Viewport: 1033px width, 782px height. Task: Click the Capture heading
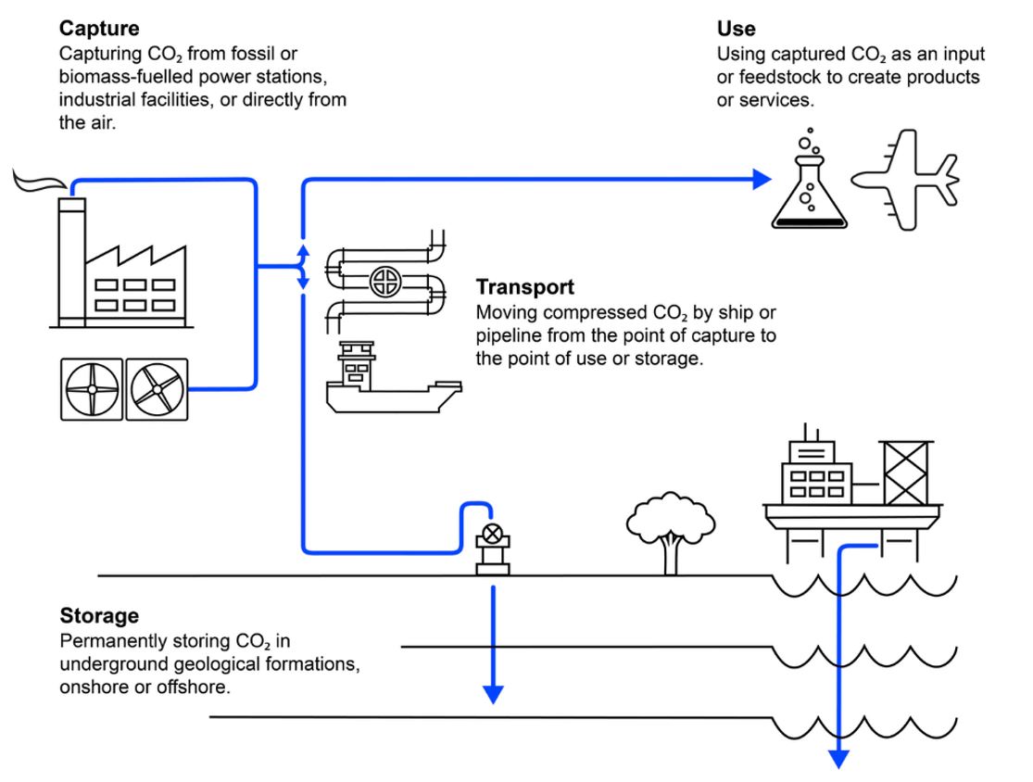coord(99,29)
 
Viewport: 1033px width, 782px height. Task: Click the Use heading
coord(736,29)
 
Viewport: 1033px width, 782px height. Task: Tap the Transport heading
coord(525,287)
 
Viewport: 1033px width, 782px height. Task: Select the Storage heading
coord(99,615)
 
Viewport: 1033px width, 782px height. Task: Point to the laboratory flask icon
coord(809,191)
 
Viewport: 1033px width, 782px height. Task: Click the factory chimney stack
coord(72,262)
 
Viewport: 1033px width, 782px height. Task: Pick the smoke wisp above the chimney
coord(40,181)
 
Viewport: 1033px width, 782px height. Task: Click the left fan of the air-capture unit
coord(92,389)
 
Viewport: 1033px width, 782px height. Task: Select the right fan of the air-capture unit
coord(157,389)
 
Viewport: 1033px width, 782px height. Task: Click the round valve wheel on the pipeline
coord(385,282)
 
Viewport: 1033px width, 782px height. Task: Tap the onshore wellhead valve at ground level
coord(493,549)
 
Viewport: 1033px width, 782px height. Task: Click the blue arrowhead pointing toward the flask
coord(762,179)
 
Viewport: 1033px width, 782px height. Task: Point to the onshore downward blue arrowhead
coord(494,694)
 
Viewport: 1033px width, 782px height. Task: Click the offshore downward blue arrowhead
coord(838,759)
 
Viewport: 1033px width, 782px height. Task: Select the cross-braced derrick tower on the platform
coord(905,473)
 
